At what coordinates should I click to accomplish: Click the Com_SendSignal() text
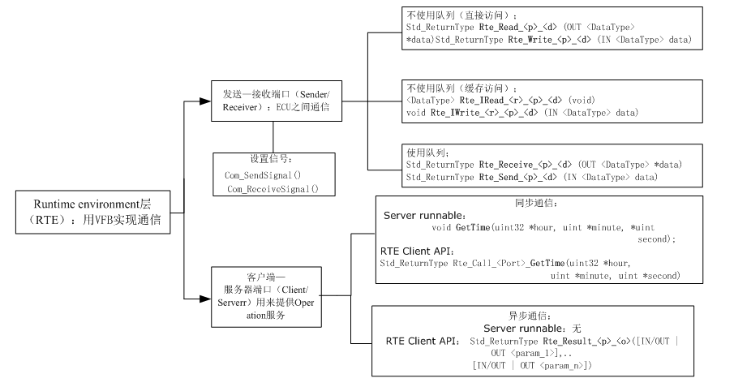click(x=263, y=175)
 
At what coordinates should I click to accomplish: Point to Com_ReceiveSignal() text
click(x=273, y=189)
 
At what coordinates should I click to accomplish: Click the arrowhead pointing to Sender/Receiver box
click(x=205, y=101)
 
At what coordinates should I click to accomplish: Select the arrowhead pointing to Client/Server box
click(x=205, y=299)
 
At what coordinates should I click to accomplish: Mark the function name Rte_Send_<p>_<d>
click(x=518, y=177)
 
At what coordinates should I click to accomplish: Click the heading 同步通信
click(x=536, y=203)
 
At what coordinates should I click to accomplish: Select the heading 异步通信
click(x=530, y=316)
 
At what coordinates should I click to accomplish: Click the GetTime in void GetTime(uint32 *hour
click(x=473, y=227)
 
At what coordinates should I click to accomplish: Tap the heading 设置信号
click(x=271, y=159)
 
